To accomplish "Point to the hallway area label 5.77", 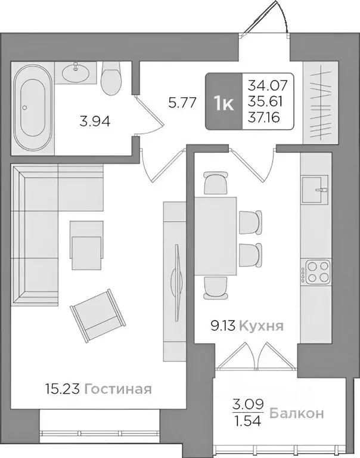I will pyautogui.click(x=182, y=102).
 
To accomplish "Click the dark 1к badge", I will pyautogui.click(x=224, y=102).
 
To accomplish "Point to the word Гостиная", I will pyautogui.click(x=117, y=389).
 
